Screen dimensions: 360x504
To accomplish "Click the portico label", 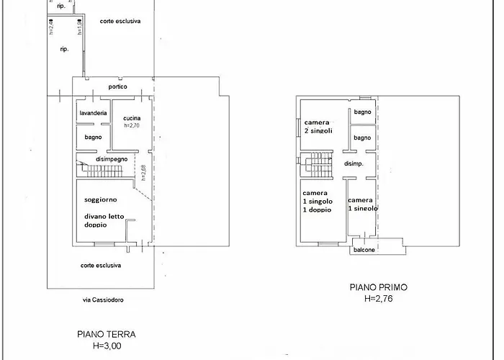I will [x=118, y=86].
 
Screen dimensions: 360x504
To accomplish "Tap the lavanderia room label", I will [x=94, y=113].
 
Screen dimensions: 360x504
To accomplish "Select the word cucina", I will [x=132, y=118].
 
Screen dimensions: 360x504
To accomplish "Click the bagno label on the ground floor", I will [x=93, y=137].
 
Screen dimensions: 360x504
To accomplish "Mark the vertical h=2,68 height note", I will [x=144, y=174].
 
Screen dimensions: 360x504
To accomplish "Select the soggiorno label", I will [x=101, y=199].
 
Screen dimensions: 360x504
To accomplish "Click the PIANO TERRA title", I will [x=106, y=334].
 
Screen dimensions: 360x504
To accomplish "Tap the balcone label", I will [x=364, y=250].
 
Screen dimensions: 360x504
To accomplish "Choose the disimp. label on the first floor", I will [x=353, y=163].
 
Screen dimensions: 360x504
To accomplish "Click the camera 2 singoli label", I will [x=318, y=126].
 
